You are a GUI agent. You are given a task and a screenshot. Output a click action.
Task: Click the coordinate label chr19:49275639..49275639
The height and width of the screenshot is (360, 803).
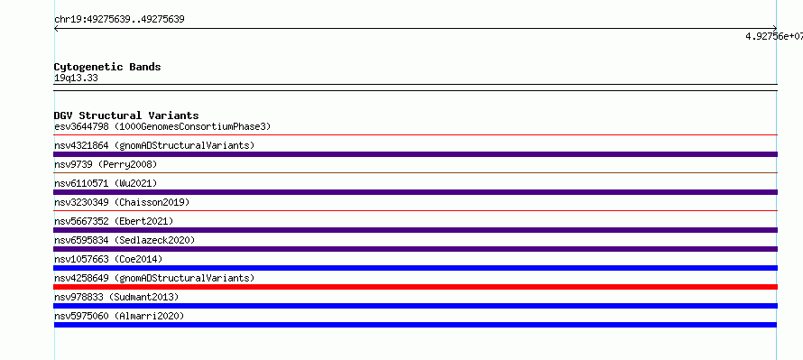click(119, 20)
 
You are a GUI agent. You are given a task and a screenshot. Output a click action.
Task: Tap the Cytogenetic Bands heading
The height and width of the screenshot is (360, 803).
click(107, 67)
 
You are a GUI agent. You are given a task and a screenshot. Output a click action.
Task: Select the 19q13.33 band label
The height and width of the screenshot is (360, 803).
click(76, 78)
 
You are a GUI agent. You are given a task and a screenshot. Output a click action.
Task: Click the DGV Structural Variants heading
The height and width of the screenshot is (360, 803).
click(126, 115)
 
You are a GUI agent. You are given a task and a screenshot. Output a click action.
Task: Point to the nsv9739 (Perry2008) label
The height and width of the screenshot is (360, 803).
click(106, 164)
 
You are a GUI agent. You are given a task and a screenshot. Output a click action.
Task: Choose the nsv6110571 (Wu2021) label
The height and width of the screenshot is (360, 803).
click(106, 183)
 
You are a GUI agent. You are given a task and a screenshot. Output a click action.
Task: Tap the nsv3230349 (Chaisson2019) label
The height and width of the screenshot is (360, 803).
click(122, 202)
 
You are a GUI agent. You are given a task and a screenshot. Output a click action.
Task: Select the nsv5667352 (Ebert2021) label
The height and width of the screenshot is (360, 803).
click(114, 221)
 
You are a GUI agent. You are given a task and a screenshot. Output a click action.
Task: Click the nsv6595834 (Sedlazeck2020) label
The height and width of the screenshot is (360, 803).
click(125, 240)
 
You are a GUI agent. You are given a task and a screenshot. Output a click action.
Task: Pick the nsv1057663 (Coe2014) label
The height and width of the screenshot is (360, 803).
click(108, 259)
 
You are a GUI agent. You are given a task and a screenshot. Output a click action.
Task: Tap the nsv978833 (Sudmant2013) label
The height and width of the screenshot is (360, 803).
click(116, 297)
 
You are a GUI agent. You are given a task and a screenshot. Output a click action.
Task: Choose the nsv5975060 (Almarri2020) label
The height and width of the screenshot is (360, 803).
click(119, 316)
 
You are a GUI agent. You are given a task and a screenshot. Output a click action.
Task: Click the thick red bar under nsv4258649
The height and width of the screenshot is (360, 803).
click(415, 287)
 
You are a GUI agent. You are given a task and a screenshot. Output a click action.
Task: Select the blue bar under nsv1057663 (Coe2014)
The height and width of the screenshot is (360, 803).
click(415, 268)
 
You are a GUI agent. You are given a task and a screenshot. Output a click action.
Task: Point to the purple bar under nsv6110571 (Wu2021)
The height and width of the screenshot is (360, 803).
click(415, 192)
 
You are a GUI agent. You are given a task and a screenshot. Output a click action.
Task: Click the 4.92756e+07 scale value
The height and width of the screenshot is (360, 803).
click(774, 36)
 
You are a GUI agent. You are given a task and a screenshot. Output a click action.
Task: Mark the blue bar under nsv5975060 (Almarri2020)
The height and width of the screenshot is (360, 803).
click(415, 325)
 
